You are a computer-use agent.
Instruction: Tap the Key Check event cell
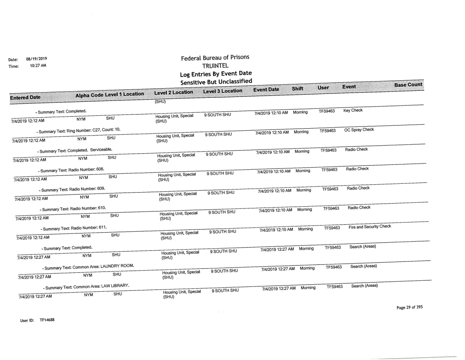click(x=354, y=110)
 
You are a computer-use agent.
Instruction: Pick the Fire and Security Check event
click(x=369, y=226)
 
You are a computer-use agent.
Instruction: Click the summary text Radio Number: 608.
click(x=72, y=169)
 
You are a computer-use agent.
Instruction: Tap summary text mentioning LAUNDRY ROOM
click(x=88, y=267)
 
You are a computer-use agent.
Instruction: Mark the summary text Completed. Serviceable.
click(x=74, y=149)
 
